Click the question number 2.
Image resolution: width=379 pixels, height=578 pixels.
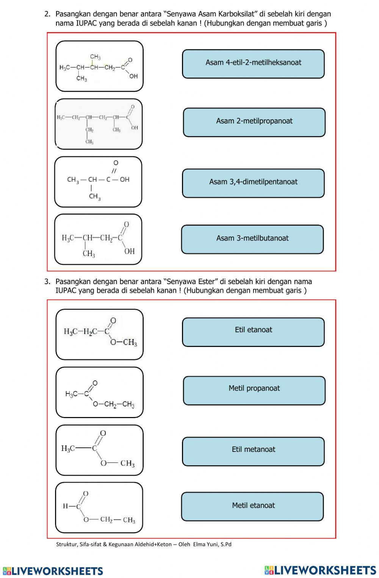(47, 14)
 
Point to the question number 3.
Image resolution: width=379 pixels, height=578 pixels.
(47, 281)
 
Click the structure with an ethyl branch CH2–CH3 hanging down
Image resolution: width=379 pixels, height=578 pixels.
(99, 124)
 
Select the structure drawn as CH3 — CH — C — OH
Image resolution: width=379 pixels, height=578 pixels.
(98, 182)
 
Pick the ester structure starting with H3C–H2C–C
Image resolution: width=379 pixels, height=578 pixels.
(99, 334)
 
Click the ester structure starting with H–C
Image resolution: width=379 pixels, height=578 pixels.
(99, 508)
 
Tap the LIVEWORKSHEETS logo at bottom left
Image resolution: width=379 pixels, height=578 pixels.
(53, 571)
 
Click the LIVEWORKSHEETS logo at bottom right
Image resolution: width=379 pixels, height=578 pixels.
(320, 570)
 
